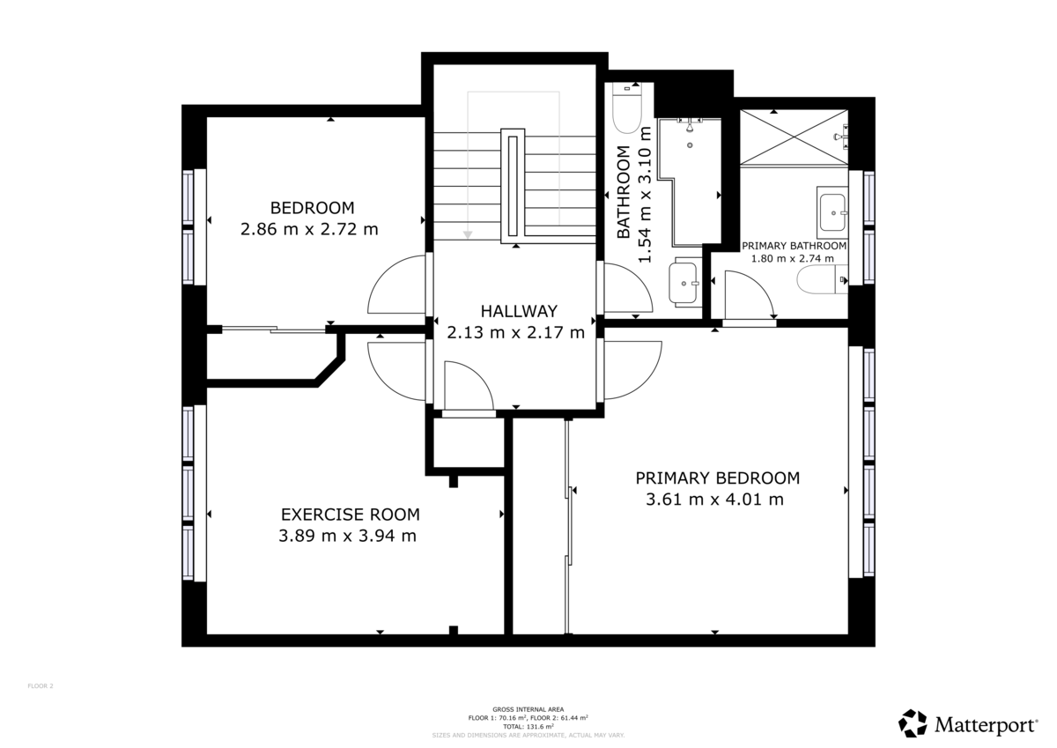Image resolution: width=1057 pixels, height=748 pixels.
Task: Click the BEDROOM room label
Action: point(312,208)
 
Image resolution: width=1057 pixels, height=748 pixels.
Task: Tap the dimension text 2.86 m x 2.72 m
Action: point(309,229)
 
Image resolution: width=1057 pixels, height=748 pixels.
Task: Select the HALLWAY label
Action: point(519,311)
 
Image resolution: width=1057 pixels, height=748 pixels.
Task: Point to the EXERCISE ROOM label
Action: point(350,515)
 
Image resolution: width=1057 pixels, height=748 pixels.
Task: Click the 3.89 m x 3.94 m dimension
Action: point(347,536)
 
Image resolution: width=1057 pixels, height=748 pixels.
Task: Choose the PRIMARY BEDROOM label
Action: point(718,478)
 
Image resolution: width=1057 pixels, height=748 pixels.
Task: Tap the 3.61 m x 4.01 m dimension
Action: point(714,500)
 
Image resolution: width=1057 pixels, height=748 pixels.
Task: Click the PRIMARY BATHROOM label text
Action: point(794,246)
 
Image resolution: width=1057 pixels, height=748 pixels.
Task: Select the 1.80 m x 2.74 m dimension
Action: point(792,259)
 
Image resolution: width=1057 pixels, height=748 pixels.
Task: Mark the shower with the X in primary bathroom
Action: point(793,137)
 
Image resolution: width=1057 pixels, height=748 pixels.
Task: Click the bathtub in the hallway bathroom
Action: point(696,181)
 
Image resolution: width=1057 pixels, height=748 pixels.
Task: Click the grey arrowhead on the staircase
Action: point(469,234)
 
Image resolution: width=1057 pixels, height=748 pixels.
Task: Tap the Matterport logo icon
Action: point(913,723)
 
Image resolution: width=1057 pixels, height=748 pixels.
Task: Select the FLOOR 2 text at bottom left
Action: point(41,685)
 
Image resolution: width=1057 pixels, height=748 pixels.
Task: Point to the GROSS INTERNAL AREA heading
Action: point(528,709)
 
